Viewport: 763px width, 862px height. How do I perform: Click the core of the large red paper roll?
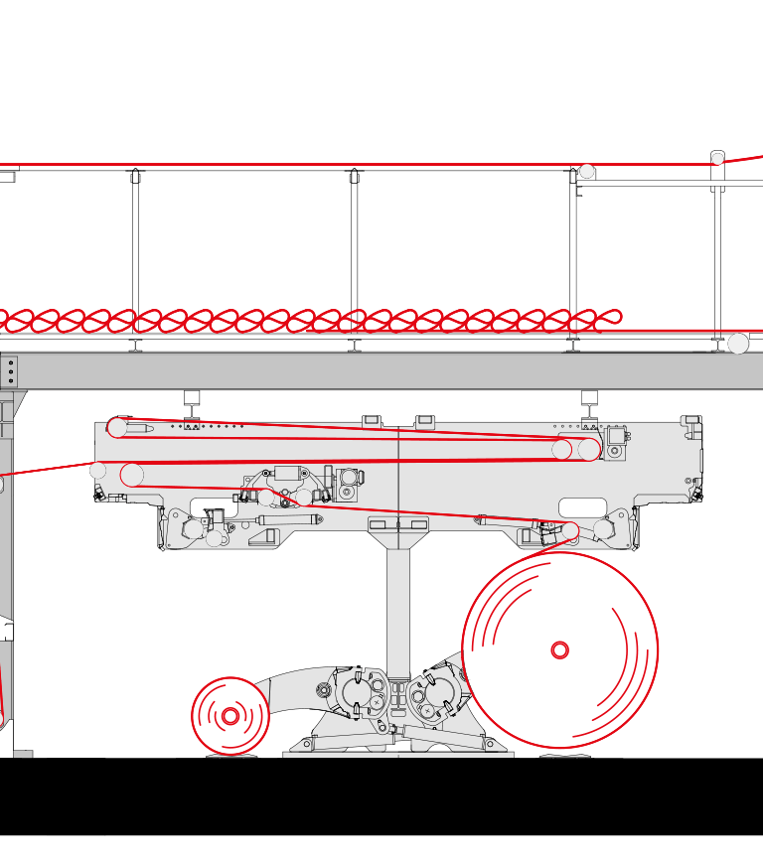(x=560, y=650)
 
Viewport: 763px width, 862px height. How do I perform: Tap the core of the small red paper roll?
(x=230, y=716)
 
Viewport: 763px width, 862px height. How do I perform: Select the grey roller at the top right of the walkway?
(x=587, y=171)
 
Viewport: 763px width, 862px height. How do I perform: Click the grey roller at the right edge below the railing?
(x=738, y=344)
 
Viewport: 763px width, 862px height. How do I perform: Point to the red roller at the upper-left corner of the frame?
(x=117, y=428)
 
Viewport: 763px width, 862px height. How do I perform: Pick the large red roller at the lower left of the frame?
(x=132, y=475)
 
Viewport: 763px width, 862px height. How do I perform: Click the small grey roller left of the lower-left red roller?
(x=97, y=471)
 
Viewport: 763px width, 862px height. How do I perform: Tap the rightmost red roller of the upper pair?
(x=589, y=449)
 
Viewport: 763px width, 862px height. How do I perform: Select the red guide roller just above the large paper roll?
(x=570, y=531)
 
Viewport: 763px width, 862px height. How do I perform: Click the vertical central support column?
(x=398, y=606)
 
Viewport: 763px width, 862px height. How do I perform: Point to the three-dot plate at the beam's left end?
(x=10, y=372)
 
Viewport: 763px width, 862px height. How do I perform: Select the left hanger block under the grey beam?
(x=192, y=398)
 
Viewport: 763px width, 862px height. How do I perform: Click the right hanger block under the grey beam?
(x=589, y=398)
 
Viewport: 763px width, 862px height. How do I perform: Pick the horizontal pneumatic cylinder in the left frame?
(x=287, y=518)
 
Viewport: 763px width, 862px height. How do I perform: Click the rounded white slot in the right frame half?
(x=583, y=507)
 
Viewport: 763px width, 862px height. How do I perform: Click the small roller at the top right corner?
(x=717, y=158)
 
